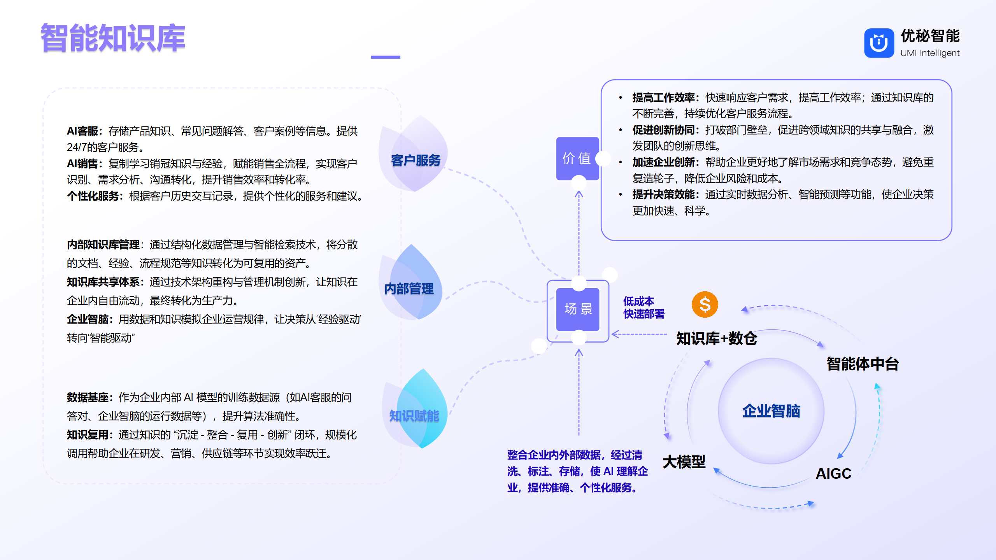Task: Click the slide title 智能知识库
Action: tap(113, 38)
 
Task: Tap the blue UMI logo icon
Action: tap(879, 43)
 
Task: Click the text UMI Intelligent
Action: tap(930, 53)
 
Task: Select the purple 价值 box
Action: tap(577, 158)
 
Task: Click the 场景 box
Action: tap(578, 309)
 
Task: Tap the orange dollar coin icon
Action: tap(705, 304)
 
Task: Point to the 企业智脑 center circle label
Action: tap(771, 411)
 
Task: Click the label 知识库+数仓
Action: tap(717, 338)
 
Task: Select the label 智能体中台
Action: tap(863, 364)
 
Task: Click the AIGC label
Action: tap(833, 474)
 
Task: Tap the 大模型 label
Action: tap(684, 462)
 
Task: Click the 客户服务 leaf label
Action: tap(416, 160)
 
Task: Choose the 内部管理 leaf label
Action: tap(409, 289)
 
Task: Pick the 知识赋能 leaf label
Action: tap(414, 416)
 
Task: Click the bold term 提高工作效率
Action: tap(663, 98)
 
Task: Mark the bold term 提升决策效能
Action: tap(663, 194)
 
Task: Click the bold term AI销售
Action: tap(82, 164)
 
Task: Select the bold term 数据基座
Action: tap(88, 397)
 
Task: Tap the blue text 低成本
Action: tap(638, 301)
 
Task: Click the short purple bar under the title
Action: tap(386, 57)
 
